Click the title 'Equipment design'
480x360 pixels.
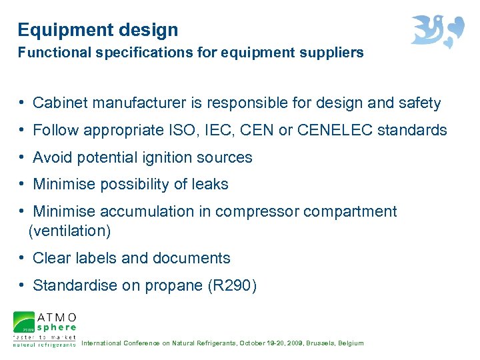tap(98, 30)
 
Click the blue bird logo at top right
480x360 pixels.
tap(437, 31)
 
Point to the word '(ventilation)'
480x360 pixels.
tap(70, 231)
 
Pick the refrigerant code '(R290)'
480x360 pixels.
tap(233, 286)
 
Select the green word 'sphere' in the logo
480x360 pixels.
tap(57, 327)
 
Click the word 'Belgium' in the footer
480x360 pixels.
tap(351, 343)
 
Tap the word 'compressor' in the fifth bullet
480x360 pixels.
tap(259, 212)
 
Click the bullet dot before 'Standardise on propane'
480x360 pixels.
tap(23, 285)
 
